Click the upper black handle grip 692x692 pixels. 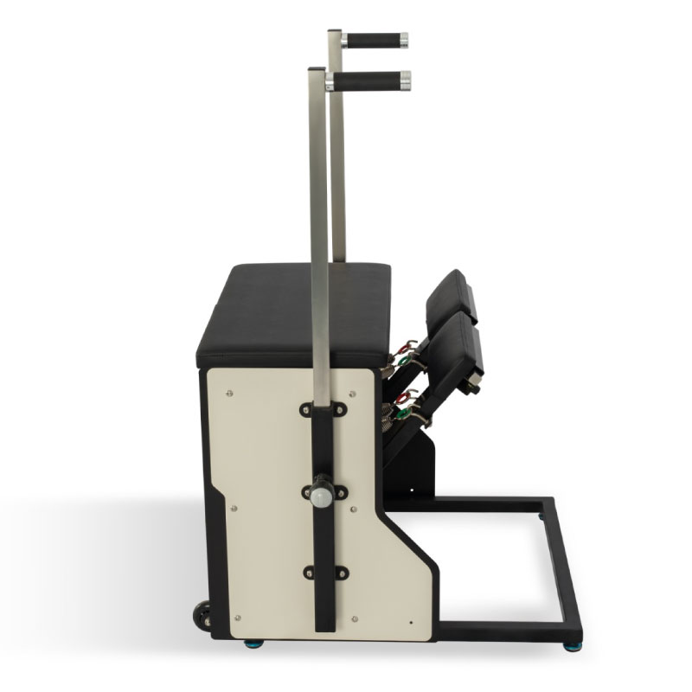(x=374, y=40)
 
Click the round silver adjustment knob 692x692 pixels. (x=322, y=497)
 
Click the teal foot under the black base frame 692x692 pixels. (x=572, y=645)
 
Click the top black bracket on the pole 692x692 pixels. (x=324, y=409)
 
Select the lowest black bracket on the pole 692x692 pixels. (x=324, y=573)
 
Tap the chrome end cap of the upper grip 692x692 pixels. (x=403, y=40)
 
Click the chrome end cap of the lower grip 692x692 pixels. (x=405, y=81)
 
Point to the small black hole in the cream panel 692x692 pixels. (x=410, y=619)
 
